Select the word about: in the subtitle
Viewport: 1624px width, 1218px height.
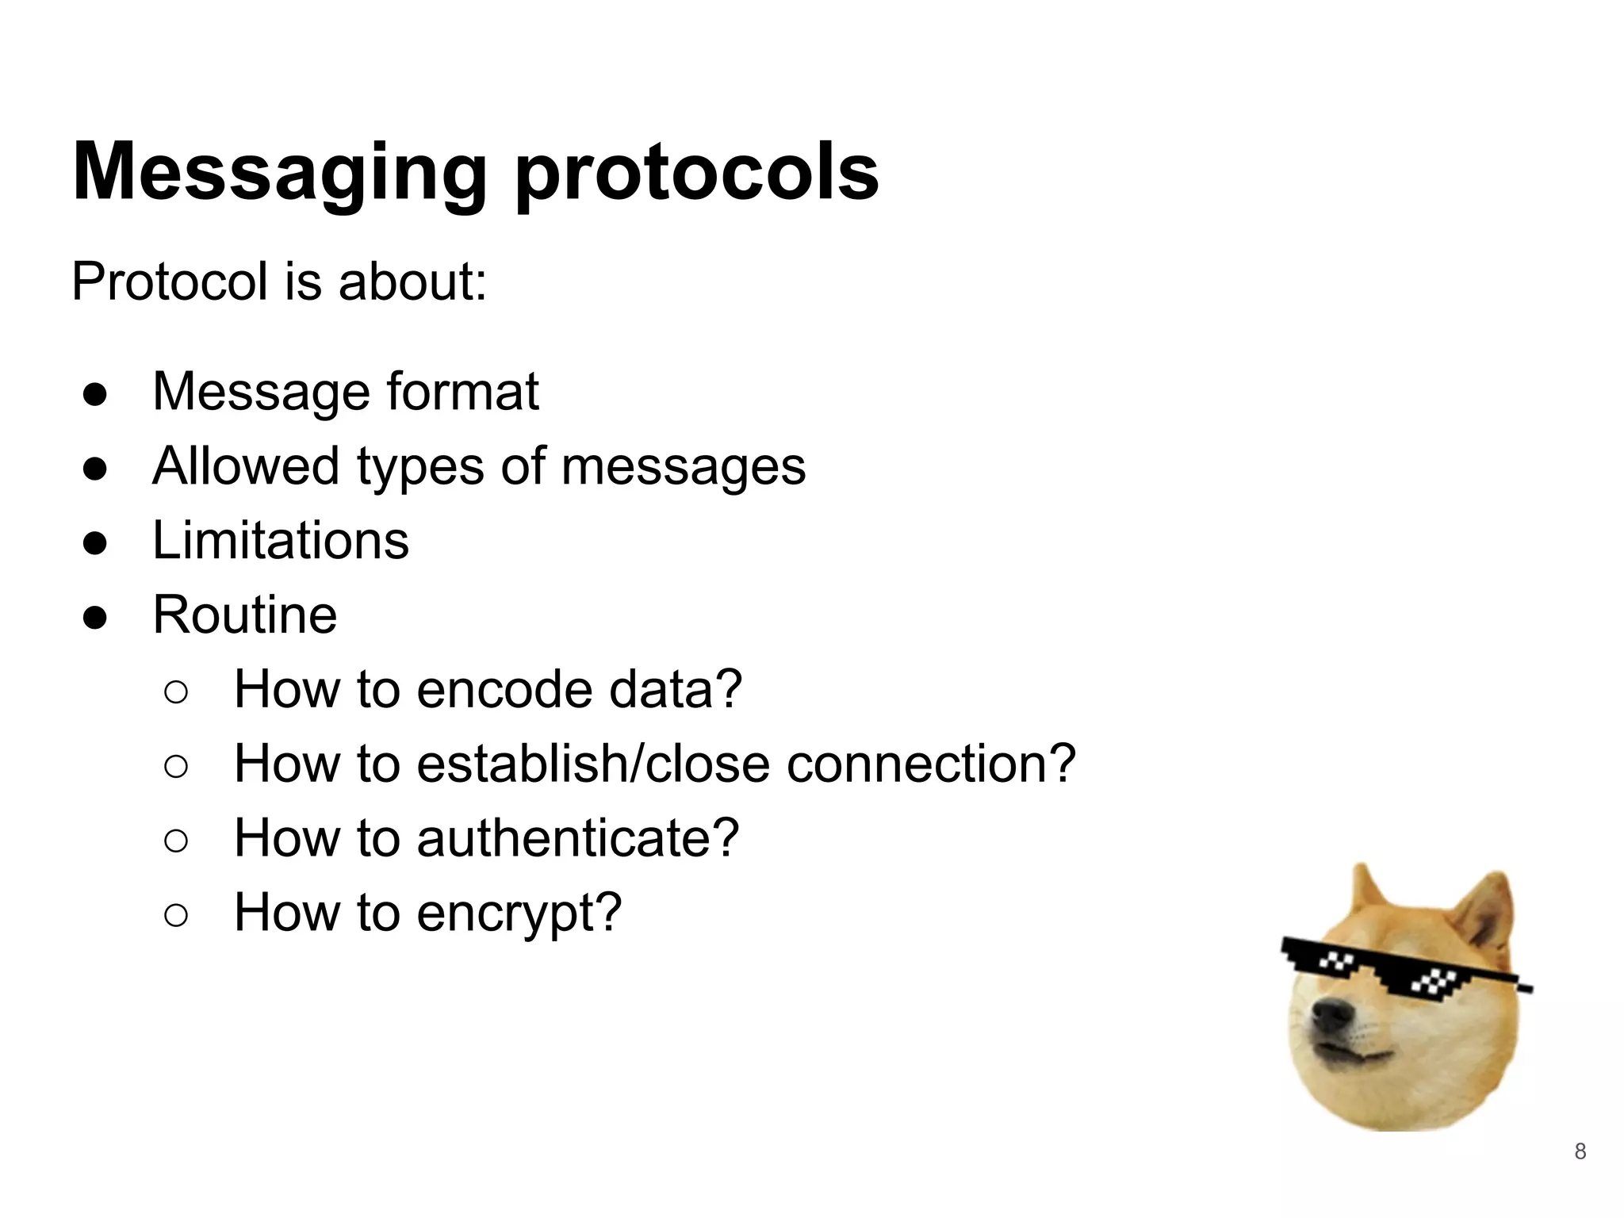[412, 282]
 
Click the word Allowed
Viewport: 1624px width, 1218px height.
[245, 466]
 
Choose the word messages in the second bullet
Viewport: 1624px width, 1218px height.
[684, 468]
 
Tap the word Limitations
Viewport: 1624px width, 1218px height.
[281, 541]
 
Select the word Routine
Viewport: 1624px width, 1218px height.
[244, 615]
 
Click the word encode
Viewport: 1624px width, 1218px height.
[504, 689]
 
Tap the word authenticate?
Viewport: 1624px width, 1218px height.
[577, 839]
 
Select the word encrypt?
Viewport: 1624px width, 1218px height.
[519, 913]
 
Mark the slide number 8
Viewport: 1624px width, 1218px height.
[1580, 1151]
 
